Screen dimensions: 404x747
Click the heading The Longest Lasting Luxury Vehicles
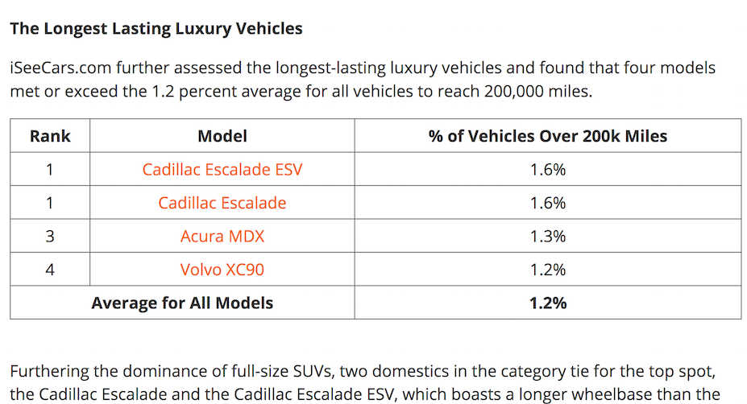[x=156, y=29]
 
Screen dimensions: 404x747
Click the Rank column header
[x=50, y=136]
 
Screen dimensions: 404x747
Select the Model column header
[x=222, y=136]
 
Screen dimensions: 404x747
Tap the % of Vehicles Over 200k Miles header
[x=547, y=136]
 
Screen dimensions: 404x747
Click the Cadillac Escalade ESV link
[x=222, y=170]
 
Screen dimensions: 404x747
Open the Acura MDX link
[x=222, y=237]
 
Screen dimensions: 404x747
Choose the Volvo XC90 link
[x=222, y=270]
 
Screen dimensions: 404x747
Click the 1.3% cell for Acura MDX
[x=547, y=237]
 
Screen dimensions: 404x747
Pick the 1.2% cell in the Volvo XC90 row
[x=547, y=270]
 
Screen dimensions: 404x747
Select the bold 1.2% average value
[x=547, y=303]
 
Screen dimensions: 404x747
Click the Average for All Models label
[x=182, y=303]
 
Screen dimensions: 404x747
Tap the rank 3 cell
[x=50, y=237]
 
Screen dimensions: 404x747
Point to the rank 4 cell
[x=50, y=270]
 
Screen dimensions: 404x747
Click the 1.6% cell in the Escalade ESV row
[x=547, y=170]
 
